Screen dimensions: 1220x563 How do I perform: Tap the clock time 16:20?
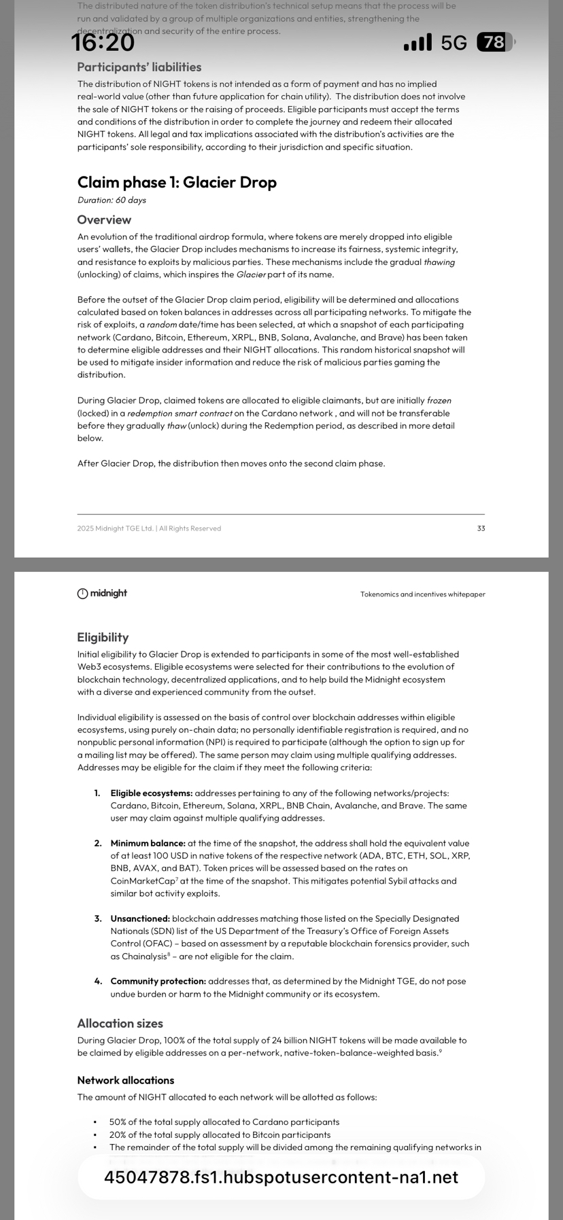pyautogui.click(x=103, y=43)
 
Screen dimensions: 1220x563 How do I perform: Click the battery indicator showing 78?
pyautogui.click(x=495, y=43)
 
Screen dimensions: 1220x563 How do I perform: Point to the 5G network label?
pyautogui.click(x=454, y=43)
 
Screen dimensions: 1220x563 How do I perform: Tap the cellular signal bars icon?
pyautogui.click(x=417, y=43)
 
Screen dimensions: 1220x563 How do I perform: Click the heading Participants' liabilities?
pyautogui.click(x=139, y=67)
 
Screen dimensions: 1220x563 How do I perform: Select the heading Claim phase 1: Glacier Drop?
pyautogui.click(x=177, y=182)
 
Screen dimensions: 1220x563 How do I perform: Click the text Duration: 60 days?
pyautogui.click(x=112, y=200)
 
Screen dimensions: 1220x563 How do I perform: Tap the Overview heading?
pyautogui.click(x=104, y=220)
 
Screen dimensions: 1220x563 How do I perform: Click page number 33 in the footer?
pyautogui.click(x=481, y=528)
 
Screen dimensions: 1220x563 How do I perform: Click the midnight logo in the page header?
pyautogui.click(x=102, y=594)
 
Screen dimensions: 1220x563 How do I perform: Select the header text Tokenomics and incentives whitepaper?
pyautogui.click(x=422, y=594)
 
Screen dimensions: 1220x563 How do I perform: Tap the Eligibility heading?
pyautogui.click(x=103, y=637)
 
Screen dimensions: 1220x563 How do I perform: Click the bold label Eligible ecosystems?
pyautogui.click(x=152, y=793)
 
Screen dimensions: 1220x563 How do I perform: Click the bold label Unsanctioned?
pyautogui.click(x=140, y=919)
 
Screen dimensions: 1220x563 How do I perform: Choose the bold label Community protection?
pyautogui.click(x=158, y=982)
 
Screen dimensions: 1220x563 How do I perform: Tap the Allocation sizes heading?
pyautogui.click(x=120, y=1024)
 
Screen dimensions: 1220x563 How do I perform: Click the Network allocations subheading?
pyautogui.click(x=126, y=1080)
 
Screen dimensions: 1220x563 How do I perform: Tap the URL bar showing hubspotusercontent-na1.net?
pyautogui.click(x=281, y=1177)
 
